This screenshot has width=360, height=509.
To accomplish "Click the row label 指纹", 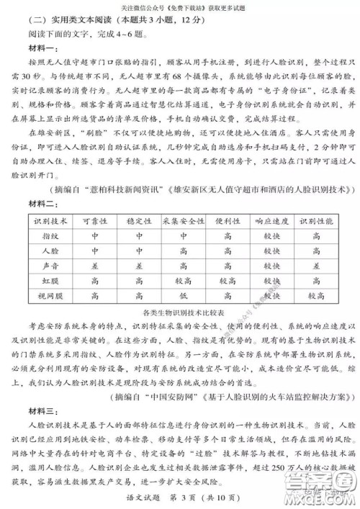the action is pos(50,235).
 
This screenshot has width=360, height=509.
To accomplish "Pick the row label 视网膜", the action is pos(50,294).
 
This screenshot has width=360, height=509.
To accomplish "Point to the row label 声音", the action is pos(50,265).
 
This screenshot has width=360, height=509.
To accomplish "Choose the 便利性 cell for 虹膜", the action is pos(228,280).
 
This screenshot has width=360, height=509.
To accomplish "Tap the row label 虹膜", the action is pos(50,280).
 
